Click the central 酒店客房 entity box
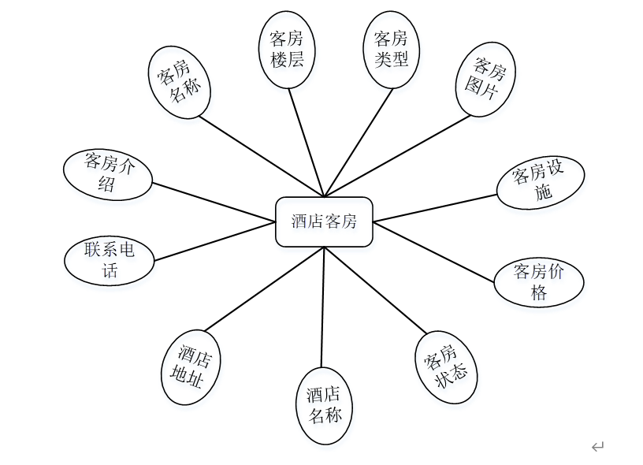coord(324,221)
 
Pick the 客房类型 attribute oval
coord(391,49)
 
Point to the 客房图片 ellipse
coord(485,79)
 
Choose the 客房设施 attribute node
coord(541,183)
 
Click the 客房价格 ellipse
coord(539,281)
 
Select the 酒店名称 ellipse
coord(325,405)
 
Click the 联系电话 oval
coord(110,261)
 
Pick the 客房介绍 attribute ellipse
coord(108,173)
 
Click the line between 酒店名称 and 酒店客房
coord(323,307)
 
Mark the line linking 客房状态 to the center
coord(375,291)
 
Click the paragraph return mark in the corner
coord(597,447)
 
